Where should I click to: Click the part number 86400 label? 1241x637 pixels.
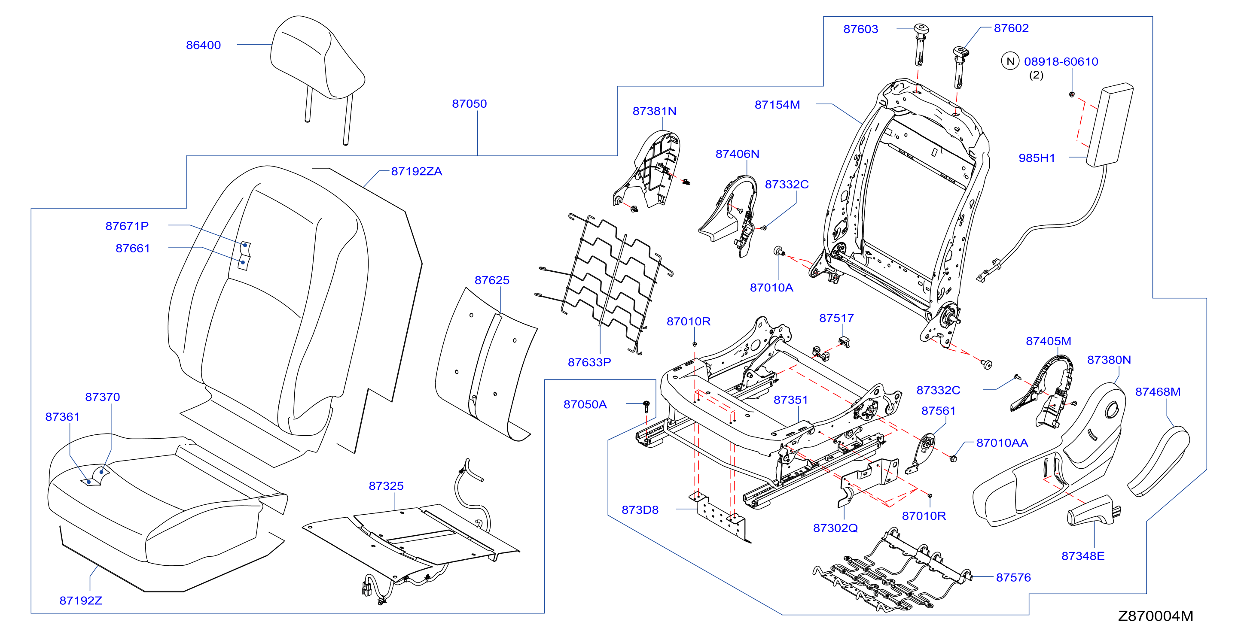(x=203, y=45)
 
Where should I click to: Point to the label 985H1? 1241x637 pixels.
(x=1037, y=158)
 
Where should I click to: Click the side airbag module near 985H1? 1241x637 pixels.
(x=1110, y=125)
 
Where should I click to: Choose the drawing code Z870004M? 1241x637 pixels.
(x=1155, y=616)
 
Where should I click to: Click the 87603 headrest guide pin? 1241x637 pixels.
(x=921, y=44)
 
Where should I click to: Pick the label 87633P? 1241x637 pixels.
(x=589, y=362)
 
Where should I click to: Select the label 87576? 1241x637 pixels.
(x=1013, y=577)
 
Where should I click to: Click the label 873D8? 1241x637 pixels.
(x=640, y=510)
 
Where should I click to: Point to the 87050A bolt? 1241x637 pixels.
(x=646, y=406)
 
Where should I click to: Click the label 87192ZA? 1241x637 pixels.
(x=416, y=171)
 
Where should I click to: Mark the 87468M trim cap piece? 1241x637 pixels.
(x=1159, y=461)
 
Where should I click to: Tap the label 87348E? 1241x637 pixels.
(x=1083, y=556)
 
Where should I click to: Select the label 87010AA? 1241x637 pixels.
(x=1002, y=443)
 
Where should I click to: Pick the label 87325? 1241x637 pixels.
(x=386, y=486)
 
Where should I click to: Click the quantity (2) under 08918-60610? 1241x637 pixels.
(x=1036, y=75)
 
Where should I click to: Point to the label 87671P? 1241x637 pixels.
(x=127, y=226)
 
